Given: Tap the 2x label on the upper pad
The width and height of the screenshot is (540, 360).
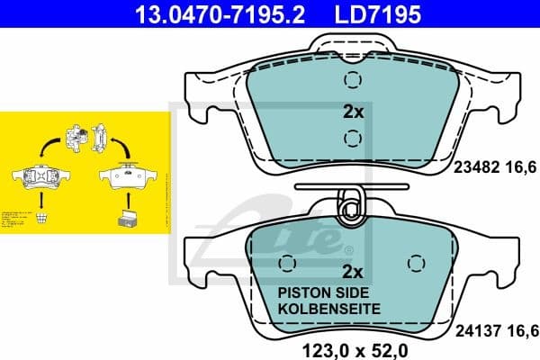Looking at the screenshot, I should tap(353, 112).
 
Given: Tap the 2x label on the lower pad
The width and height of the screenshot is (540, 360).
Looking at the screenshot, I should tap(353, 271).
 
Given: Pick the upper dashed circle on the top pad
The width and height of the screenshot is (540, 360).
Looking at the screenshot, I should tap(353, 81).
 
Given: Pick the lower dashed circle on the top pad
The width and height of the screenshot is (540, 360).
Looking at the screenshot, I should tap(353, 138).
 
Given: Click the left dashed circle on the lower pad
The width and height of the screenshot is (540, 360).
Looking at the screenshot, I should tap(287, 263).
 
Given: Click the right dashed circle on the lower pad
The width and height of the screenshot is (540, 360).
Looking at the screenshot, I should tap(416, 263).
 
